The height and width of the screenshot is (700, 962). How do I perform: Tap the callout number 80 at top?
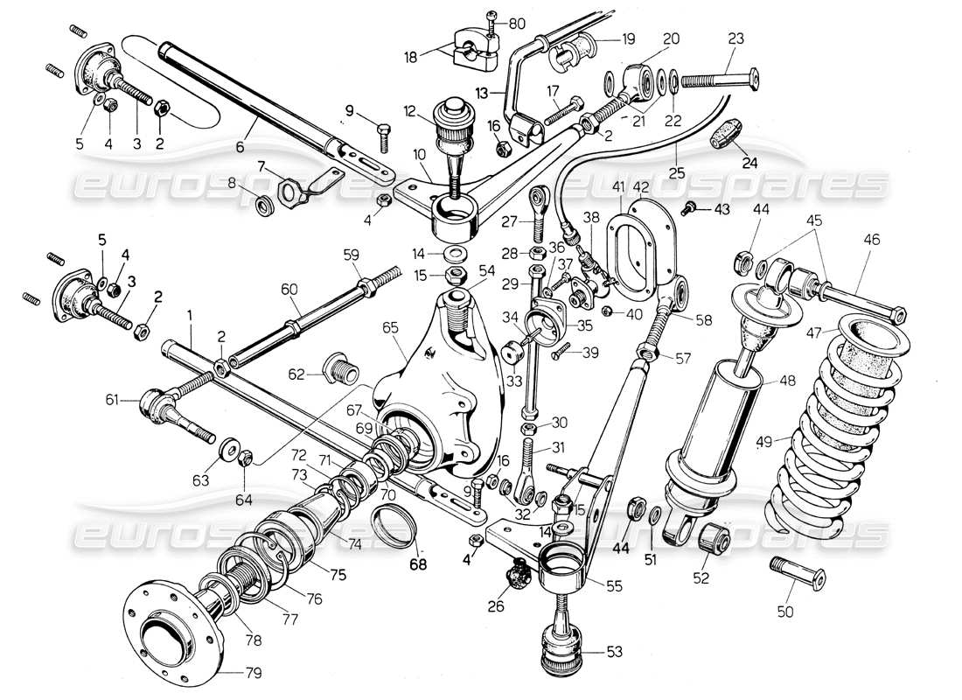click(517, 23)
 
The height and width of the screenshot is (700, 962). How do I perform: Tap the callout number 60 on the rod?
click(289, 290)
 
